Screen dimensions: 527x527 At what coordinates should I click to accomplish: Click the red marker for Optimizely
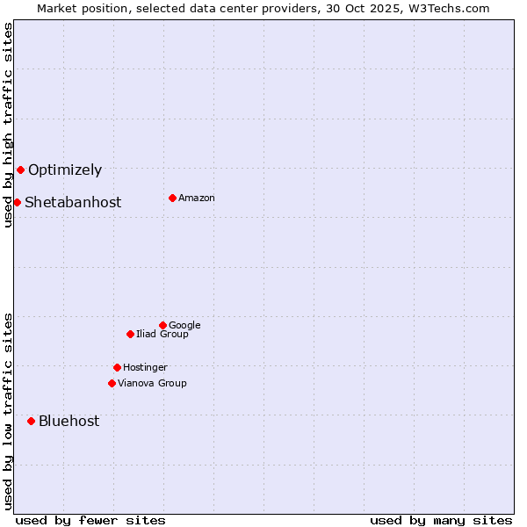(x=20, y=170)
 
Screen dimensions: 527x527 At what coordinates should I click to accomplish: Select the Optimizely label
(x=65, y=170)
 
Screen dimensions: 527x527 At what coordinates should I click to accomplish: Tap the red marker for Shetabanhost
(x=17, y=202)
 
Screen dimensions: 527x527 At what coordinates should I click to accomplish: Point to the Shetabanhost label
(x=73, y=202)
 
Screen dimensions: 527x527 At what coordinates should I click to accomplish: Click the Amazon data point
(x=172, y=198)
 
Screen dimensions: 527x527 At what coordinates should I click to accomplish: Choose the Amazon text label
(x=197, y=198)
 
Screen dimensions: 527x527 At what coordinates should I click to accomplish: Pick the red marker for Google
(x=162, y=325)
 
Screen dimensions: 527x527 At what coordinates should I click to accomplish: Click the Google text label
(x=184, y=325)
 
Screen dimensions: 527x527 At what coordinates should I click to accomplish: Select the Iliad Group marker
(x=130, y=334)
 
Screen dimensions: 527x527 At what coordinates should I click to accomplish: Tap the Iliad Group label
(x=162, y=334)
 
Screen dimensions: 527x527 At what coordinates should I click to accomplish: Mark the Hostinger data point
(x=117, y=367)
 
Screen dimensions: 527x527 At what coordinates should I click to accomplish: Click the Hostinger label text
(x=145, y=367)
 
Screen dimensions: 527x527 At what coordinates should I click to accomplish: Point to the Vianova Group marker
(x=112, y=383)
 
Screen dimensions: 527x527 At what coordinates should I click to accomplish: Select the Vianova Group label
(x=152, y=383)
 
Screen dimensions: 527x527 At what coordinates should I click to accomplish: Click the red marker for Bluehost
(x=31, y=421)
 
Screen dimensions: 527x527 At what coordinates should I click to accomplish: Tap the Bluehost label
(x=69, y=421)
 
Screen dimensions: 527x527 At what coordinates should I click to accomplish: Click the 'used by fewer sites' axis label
(x=90, y=520)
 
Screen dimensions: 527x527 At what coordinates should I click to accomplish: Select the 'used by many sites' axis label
(x=441, y=520)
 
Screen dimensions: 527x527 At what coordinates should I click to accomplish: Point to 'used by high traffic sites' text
(x=8, y=125)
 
